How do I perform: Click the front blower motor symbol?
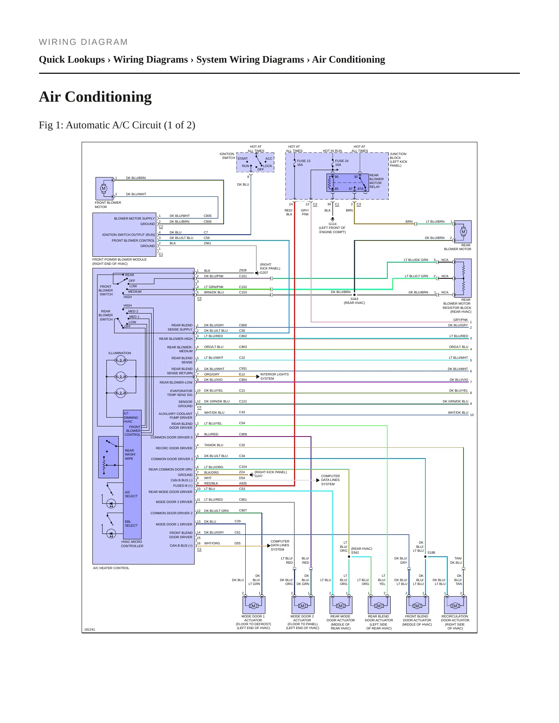(x=103, y=189)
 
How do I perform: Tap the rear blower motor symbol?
(x=463, y=232)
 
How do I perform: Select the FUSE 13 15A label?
(x=303, y=163)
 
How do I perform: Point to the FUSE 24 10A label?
(x=342, y=163)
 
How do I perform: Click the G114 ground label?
(x=332, y=224)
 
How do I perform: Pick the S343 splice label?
(x=354, y=299)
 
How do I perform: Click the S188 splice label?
(x=431, y=552)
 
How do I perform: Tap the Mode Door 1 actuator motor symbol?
(x=253, y=605)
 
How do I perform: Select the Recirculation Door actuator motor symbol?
(x=455, y=605)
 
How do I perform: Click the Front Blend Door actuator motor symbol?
(x=417, y=605)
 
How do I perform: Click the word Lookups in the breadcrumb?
(x=87, y=60)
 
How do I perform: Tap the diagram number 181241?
(x=89, y=629)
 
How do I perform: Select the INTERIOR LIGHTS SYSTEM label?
(x=274, y=376)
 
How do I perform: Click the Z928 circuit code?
(x=243, y=271)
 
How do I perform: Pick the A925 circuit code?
(x=243, y=483)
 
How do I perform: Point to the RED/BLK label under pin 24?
(x=289, y=212)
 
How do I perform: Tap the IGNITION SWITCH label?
(x=227, y=156)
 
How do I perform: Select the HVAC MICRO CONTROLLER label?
(x=132, y=544)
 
